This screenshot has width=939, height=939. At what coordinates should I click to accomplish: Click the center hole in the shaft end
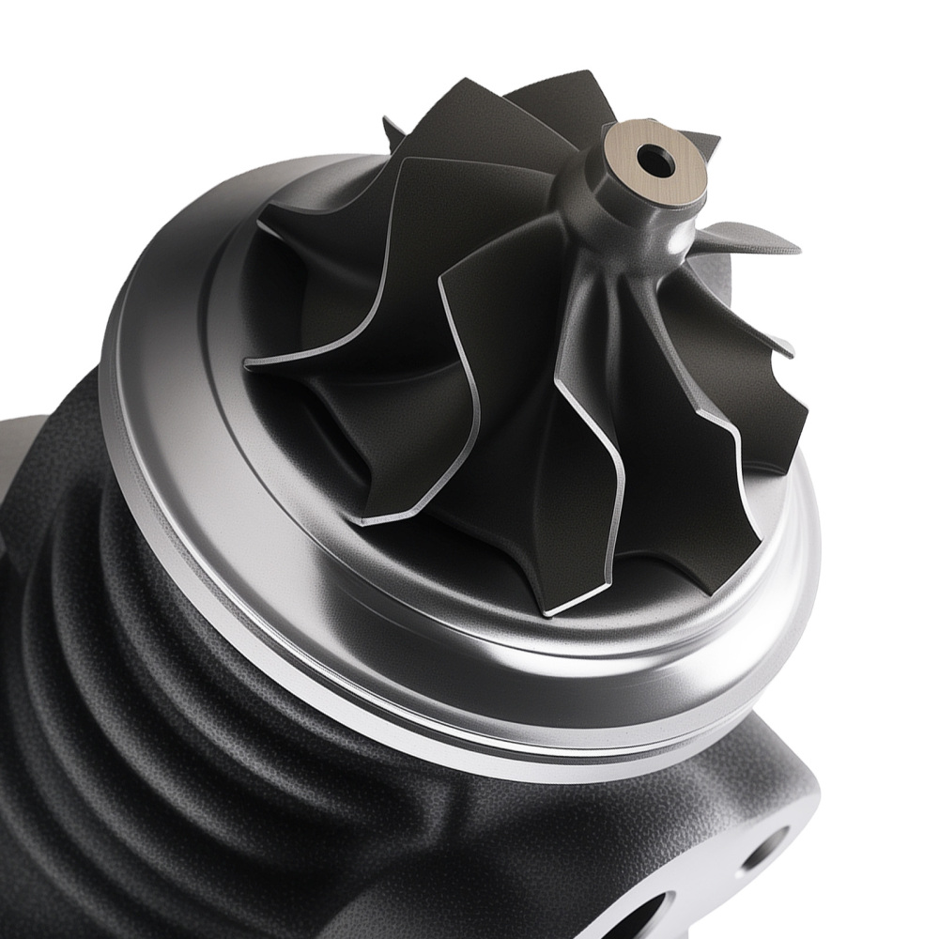click(655, 162)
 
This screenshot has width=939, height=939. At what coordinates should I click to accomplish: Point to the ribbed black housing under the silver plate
click(141, 657)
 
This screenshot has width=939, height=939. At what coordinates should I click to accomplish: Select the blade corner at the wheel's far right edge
click(803, 413)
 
